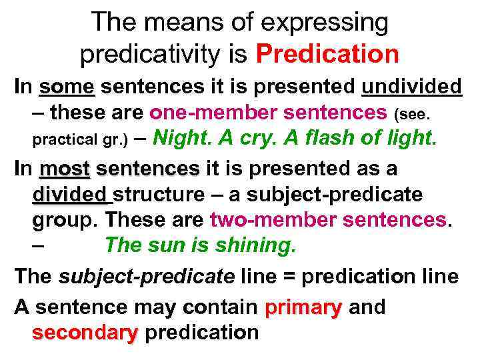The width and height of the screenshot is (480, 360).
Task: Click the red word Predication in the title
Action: point(327,53)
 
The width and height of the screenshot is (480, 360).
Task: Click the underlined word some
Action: point(67,87)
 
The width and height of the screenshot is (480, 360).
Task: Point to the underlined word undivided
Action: point(411,87)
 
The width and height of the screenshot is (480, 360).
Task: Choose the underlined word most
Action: point(65,169)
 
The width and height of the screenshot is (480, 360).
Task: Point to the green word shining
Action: point(255,245)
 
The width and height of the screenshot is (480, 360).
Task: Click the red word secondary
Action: point(84,332)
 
